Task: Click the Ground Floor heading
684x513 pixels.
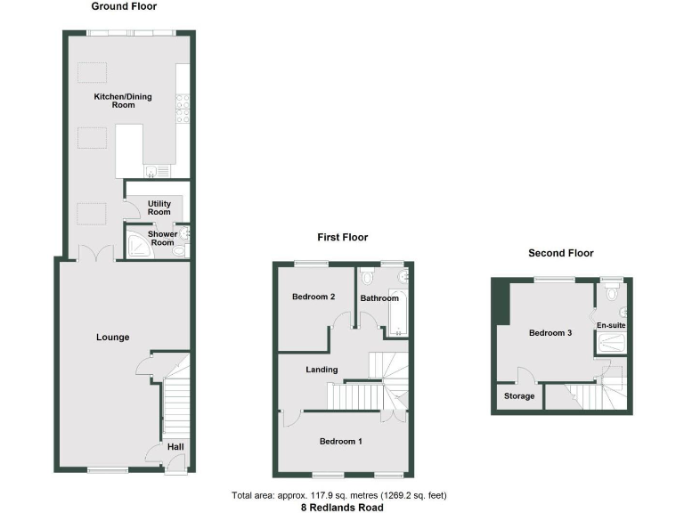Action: tap(124, 6)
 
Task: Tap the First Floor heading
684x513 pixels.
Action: tap(342, 237)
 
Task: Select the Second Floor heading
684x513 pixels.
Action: tap(561, 253)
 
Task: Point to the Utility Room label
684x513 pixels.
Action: tap(159, 208)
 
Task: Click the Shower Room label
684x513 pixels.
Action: tap(162, 238)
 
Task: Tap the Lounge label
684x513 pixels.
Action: tap(113, 337)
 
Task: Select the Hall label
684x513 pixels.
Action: tap(175, 447)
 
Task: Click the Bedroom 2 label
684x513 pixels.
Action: tap(313, 297)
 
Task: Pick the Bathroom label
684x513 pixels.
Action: tap(379, 298)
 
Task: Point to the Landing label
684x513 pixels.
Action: tap(322, 370)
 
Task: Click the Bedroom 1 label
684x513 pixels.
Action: tap(341, 441)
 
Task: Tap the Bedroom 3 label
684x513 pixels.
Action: tap(550, 333)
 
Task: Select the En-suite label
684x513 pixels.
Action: tap(611, 325)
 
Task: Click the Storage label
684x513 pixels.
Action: tap(519, 396)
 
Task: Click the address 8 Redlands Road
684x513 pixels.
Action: tap(343, 507)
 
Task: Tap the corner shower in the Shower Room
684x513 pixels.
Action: tap(139, 246)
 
